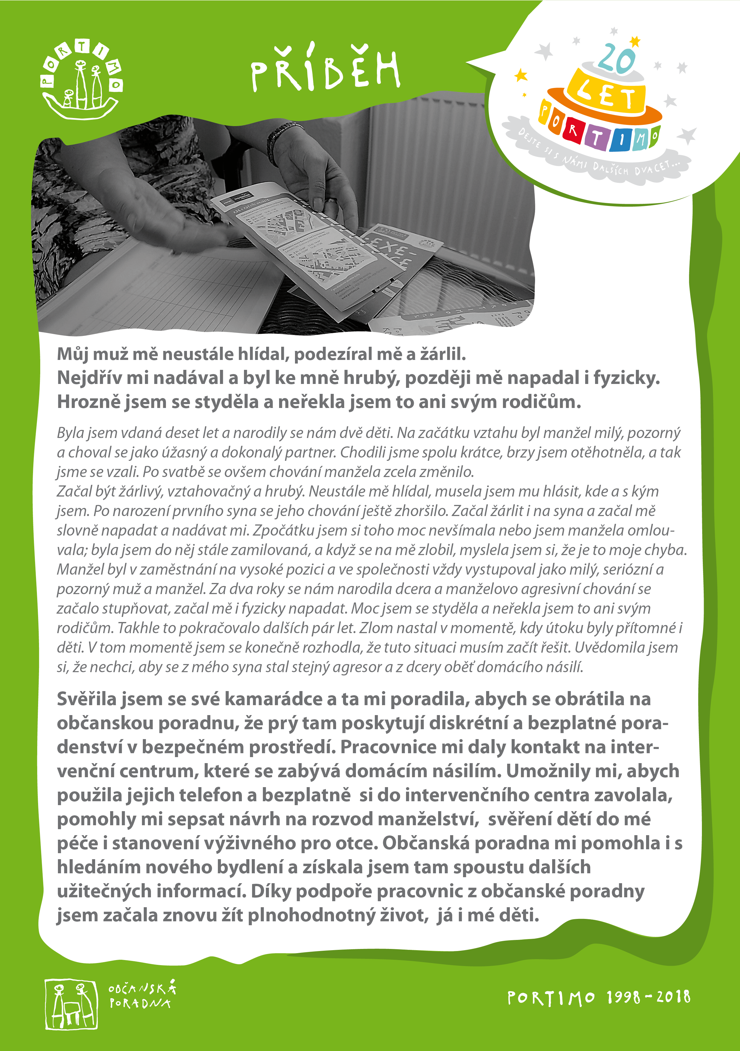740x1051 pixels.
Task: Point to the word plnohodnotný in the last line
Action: click(x=311, y=915)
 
